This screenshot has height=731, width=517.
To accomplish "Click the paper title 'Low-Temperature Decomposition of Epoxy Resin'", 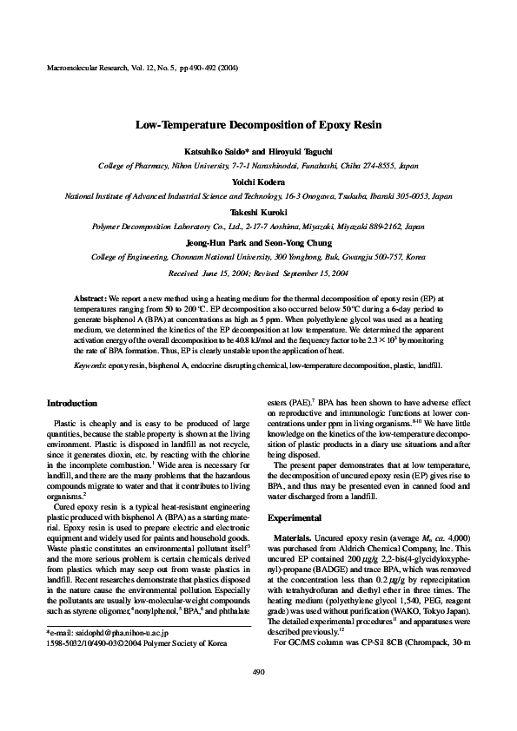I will (x=258, y=124).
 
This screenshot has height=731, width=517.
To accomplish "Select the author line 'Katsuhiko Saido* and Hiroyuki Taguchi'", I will (x=258, y=150).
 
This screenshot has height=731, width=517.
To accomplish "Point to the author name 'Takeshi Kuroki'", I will (x=258, y=211).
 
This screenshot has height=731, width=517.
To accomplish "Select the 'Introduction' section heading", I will (x=71, y=403).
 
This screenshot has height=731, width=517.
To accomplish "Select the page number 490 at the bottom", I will (x=258, y=696).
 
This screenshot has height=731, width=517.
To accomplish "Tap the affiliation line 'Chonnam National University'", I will (x=258, y=258).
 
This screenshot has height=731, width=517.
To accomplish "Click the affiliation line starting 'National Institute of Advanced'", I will (x=258, y=197).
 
